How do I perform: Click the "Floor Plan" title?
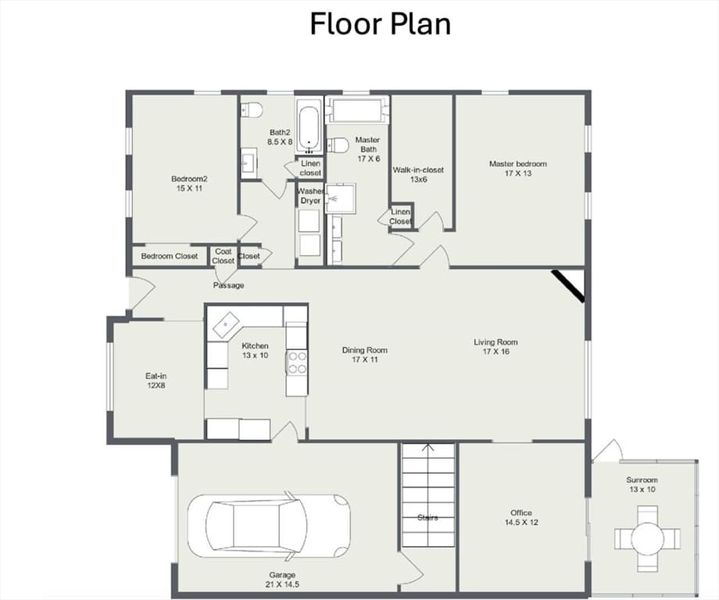point(380,24)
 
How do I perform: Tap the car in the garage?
point(269,526)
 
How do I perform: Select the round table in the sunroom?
point(647,538)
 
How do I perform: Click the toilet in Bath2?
point(252,110)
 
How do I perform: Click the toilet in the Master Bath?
point(338,145)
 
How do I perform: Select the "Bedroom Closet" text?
point(170,256)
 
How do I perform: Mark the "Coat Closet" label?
point(224,255)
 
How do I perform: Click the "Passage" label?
point(228,285)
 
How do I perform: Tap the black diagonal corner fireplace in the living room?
point(567,286)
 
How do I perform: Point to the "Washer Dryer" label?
point(310,196)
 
